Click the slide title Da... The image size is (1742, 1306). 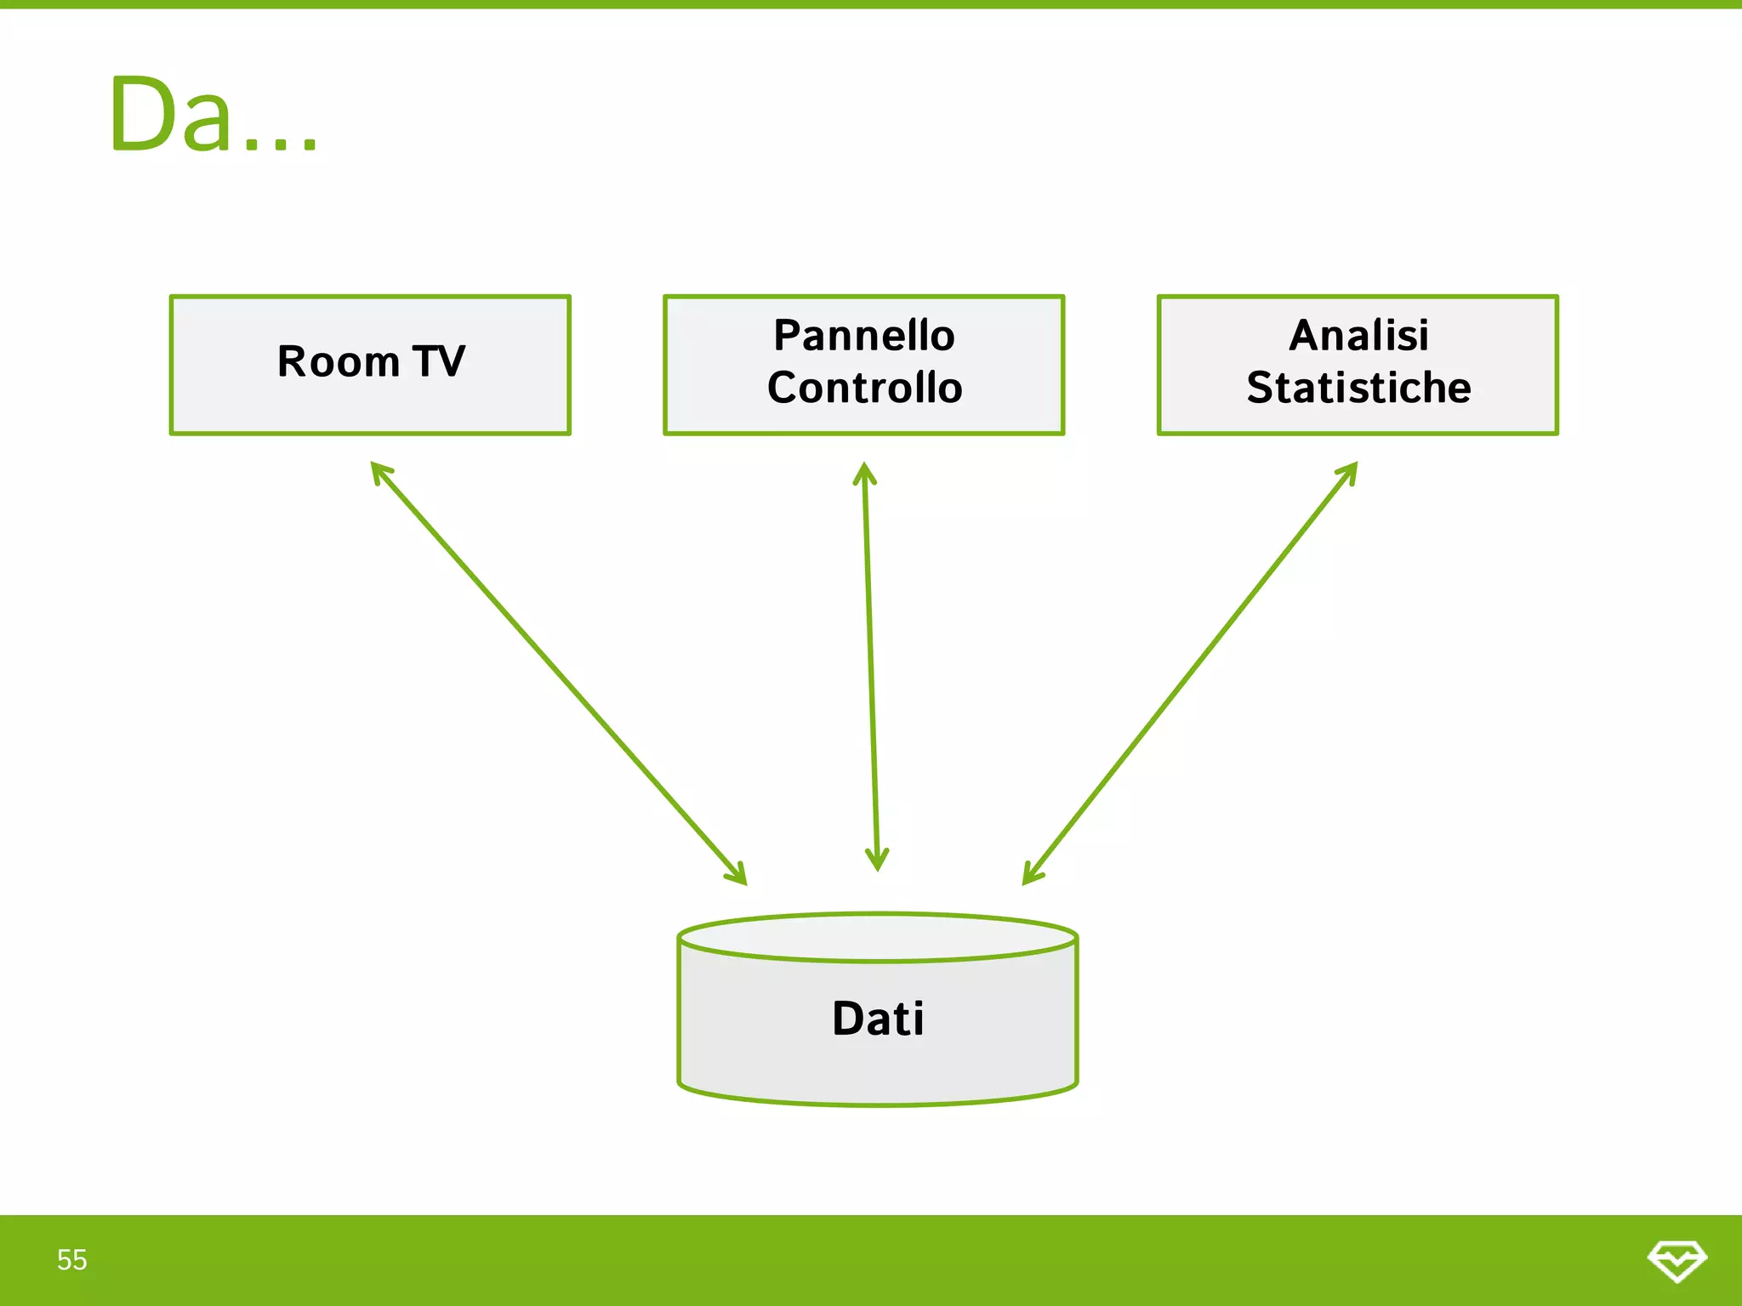click(170, 115)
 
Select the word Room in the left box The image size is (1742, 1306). click(338, 361)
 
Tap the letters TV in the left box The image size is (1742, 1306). click(439, 361)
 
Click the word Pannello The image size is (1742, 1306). click(863, 335)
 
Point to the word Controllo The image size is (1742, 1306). click(864, 388)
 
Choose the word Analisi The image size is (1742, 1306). click(1358, 335)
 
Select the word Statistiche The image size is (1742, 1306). click(1358, 388)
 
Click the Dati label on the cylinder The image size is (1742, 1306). click(878, 1019)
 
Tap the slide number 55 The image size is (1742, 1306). click(72, 1260)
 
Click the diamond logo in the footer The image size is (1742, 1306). click(1677, 1260)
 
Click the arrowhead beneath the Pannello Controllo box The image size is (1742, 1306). click(864, 472)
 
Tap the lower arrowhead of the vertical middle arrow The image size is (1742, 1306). click(877, 860)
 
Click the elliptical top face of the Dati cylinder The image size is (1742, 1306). click(878, 938)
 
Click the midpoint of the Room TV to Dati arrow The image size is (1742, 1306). click(559, 673)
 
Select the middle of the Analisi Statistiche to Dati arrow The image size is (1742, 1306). click(1190, 673)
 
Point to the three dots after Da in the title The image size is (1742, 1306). click(281, 145)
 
